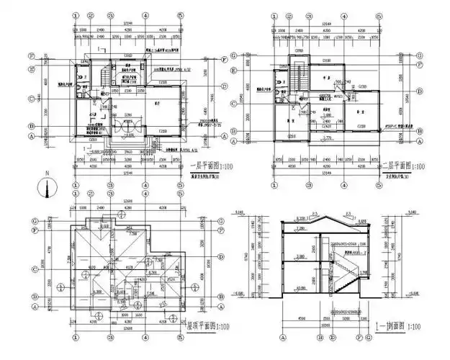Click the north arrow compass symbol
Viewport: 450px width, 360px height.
click(x=48, y=188)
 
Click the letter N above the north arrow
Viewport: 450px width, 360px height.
click(x=47, y=174)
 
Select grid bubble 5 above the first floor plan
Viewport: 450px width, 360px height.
click(x=175, y=14)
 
